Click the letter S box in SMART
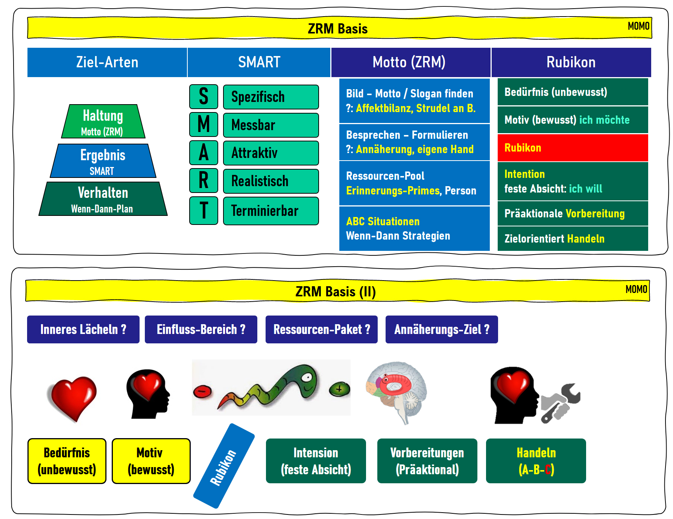tap(204, 97)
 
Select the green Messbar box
tap(271, 125)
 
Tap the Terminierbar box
tap(271, 211)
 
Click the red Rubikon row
tap(573, 148)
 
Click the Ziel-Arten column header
tap(107, 62)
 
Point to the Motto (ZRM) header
tap(410, 62)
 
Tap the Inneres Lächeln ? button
tap(83, 329)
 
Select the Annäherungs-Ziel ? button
tap(442, 329)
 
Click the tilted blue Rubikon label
tap(224, 466)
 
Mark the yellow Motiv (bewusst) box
tap(151, 461)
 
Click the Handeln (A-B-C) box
tap(536, 461)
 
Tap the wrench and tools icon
tap(561, 403)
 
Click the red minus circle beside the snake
tap(202, 392)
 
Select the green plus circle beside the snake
tap(339, 389)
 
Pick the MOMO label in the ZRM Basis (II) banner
tap(636, 289)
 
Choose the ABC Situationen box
tap(414, 229)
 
